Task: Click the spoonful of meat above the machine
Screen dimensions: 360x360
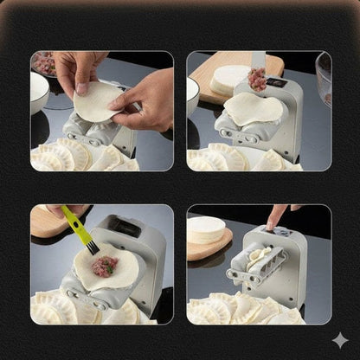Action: coord(257,79)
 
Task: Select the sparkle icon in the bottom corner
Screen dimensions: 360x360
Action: coord(340,340)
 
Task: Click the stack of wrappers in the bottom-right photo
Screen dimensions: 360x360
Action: coord(206,230)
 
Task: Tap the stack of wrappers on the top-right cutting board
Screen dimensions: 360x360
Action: coord(230,79)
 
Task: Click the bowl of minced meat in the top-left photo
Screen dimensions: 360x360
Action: coord(43,63)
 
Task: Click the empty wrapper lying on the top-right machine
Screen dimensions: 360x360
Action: coord(253,109)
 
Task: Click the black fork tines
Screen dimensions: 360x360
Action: coord(92,247)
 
